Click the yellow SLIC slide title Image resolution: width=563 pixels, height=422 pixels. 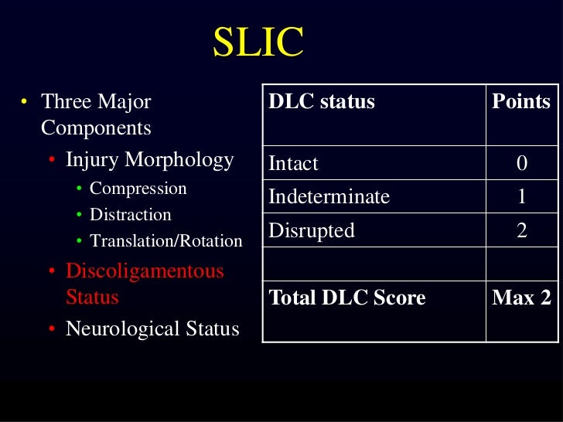coord(258,43)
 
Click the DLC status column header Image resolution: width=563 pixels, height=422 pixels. coord(321,102)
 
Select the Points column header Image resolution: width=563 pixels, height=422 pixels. coord(521,102)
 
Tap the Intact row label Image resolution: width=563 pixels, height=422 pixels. coord(293,164)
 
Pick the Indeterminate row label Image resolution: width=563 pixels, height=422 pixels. coord(329,197)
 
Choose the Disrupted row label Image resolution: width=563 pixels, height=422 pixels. coord(311,230)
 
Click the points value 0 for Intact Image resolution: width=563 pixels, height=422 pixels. coord(522,164)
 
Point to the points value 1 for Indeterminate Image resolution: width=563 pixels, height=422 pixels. coord(522,197)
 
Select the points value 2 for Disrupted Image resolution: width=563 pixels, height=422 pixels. coord(522,230)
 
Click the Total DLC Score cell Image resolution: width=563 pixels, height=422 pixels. coord(346,298)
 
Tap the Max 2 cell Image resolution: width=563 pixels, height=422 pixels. coord(521,298)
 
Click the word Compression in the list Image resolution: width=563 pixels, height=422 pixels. coord(138,189)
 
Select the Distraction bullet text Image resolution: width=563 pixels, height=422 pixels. coord(131,215)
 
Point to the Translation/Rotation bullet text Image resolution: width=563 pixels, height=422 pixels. coord(166,241)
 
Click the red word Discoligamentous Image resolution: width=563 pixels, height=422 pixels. coord(145,271)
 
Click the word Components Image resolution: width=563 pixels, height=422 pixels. coord(96,128)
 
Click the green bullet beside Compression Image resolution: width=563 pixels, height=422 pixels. coord(80,189)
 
